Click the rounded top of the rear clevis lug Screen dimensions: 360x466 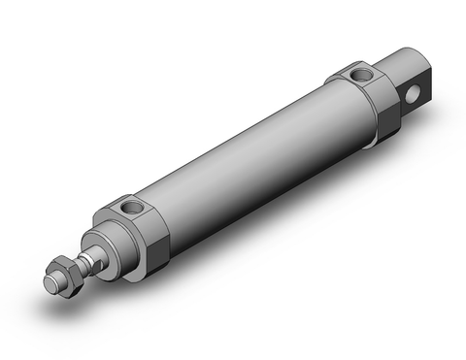408,58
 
